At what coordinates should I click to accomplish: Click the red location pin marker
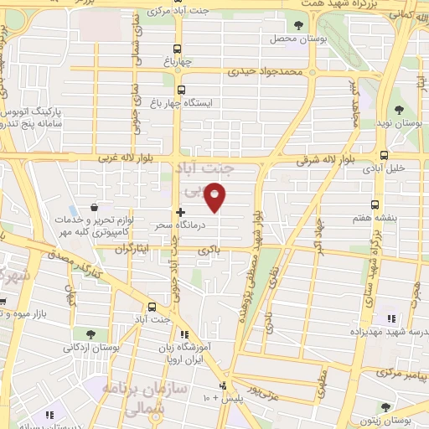point(215,198)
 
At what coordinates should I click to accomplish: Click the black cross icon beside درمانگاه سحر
point(181,213)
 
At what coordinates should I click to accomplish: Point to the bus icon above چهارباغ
point(178,48)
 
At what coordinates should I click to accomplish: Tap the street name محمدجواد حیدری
point(290,72)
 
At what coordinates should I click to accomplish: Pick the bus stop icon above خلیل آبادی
point(384,155)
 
